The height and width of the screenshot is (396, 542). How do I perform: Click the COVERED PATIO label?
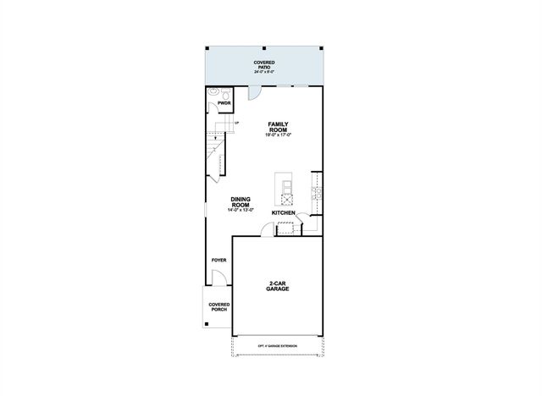pos(264,64)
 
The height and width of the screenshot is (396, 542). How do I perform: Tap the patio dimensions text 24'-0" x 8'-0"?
pos(264,73)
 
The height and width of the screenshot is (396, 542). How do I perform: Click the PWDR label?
pos(224,103)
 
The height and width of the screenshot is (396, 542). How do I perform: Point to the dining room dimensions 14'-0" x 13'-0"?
pos(240,210)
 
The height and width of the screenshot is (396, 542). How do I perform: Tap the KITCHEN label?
pos(283,212)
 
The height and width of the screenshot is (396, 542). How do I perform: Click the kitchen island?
pos(285,190)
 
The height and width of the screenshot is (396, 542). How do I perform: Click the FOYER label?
pos(218,259)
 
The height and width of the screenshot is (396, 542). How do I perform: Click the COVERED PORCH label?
pos(219,306)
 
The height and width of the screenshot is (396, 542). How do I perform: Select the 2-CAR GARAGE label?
pos(278,285)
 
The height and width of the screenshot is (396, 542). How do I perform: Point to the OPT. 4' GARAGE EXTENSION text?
pos(278,345)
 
